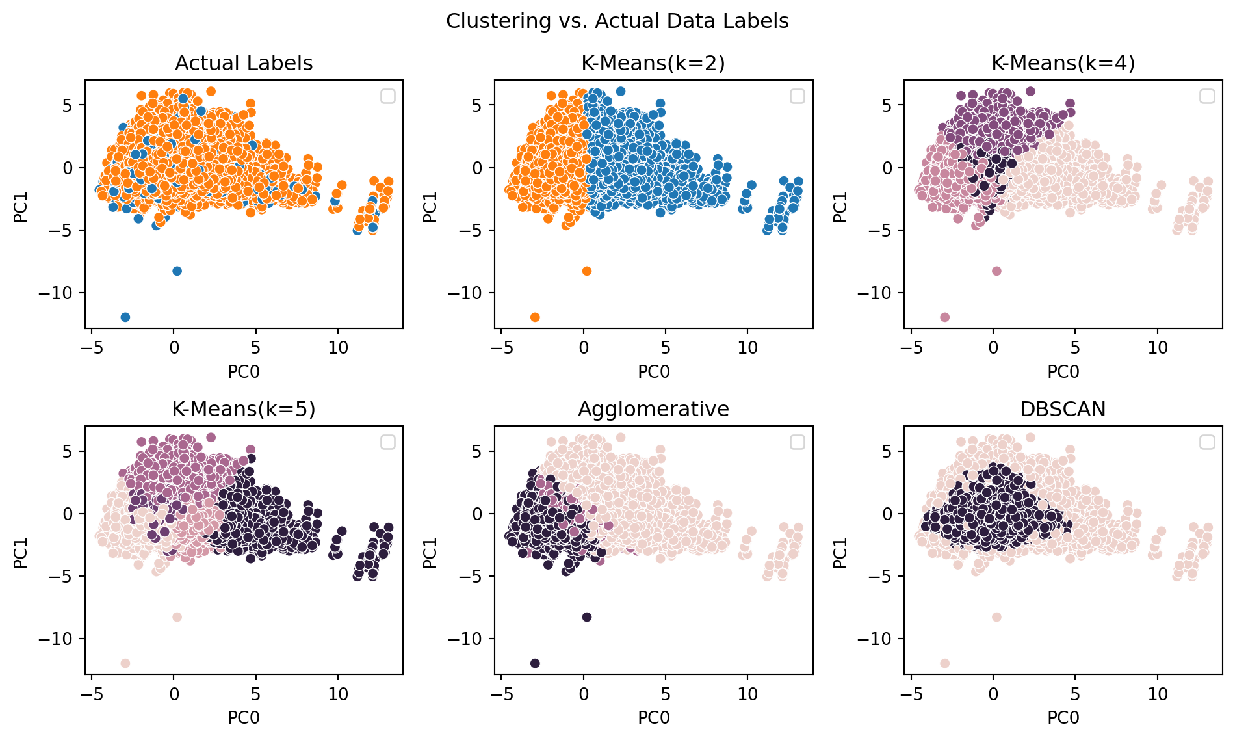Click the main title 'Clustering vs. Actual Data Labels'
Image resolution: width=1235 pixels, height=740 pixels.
coord(617,21)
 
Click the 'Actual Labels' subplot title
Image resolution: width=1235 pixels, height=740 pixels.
coord(244,63)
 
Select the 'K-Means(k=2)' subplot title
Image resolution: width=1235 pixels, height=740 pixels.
coord(653,63)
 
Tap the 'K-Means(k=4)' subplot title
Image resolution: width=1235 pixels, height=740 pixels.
coord(1063,63)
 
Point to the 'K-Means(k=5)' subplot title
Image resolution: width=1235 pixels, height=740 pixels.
coord(244,409)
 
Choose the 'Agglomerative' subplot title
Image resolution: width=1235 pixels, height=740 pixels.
coord(653,409)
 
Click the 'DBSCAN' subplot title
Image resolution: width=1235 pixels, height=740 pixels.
coord(1063,409)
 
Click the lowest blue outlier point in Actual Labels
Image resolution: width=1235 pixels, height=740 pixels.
coord(125,317)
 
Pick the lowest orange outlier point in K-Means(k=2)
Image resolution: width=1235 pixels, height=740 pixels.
coord(535,317)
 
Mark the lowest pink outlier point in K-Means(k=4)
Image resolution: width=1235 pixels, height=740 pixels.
coord(944,317)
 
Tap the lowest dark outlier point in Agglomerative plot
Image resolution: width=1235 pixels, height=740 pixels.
coord(535,663)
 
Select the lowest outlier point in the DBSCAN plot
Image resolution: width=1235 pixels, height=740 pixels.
coord(944,663)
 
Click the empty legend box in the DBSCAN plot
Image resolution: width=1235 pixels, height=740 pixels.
coord(1206,442)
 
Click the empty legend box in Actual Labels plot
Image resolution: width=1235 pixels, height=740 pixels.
coord(387,96)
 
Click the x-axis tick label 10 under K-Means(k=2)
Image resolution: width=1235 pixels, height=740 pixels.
coord(747,348)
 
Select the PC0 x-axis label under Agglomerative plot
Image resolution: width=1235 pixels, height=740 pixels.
coord(653,718)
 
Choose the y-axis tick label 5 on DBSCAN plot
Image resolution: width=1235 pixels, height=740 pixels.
coord(887,451)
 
